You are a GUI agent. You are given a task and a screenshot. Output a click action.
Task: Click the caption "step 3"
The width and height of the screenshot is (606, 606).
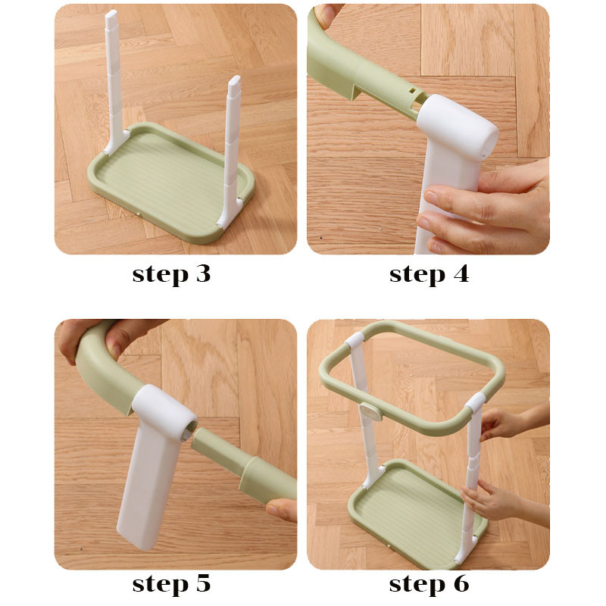tap(171, 274)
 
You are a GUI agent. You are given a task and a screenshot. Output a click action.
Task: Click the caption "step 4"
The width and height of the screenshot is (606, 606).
tap(429, 274)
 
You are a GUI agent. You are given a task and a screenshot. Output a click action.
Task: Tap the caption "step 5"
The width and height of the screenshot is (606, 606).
tap(171, 583)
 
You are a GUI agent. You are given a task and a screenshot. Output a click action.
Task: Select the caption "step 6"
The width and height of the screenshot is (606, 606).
tap(429, 583)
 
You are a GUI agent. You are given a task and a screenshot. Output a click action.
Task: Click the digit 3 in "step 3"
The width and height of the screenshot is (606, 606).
tap(203, 273)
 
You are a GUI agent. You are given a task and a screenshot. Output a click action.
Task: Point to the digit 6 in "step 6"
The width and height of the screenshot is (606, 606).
tap(461, 583)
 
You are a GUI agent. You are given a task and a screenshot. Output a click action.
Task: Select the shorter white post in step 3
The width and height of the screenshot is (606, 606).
tap(231, 151)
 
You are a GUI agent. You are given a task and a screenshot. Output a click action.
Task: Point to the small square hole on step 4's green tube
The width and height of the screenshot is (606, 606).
tap(413, 91)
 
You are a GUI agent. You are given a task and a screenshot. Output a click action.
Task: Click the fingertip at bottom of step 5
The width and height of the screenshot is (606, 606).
tap(281, 509)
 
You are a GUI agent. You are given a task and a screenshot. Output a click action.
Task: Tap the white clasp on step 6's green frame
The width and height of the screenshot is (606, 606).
tap(370, 412)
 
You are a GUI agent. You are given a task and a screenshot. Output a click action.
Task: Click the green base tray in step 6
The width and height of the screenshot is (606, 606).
tap(417, 514)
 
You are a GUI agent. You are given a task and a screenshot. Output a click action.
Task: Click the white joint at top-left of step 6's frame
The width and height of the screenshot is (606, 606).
tap(355, 339)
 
